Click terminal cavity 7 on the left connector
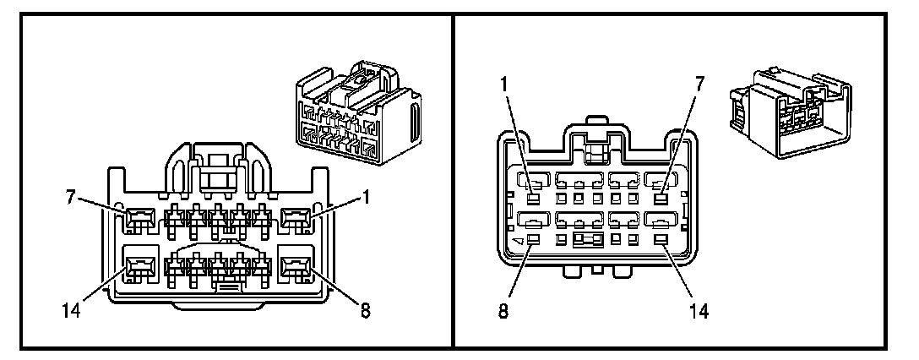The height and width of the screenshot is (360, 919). [137, 222]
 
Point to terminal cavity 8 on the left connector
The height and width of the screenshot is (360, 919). [294, 270]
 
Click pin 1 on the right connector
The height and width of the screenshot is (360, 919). [535, 199]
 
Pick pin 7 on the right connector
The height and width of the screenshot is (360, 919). [661, 199]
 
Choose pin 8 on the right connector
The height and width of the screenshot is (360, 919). [535, 241]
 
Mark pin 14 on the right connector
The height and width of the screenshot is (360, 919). [661, 241]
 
